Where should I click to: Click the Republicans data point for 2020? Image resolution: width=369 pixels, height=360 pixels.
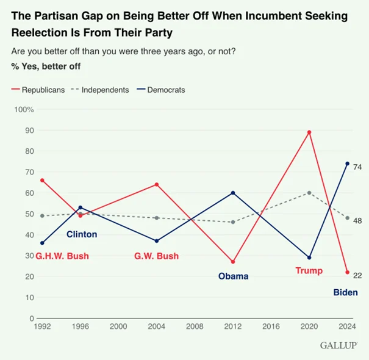click(x=309, y=132)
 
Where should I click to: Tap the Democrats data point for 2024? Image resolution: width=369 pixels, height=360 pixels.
click(x=348, y=164)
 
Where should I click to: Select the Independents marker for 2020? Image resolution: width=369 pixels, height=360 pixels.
click(x=309, y=193)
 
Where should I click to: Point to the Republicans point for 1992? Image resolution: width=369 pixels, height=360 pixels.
click(x=42, y=181)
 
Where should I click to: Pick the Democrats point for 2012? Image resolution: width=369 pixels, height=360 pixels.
click(x=233, y=193)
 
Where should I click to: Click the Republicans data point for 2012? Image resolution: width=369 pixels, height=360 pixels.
click(x=233, y=262)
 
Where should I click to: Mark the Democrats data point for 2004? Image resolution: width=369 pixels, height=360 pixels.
click(x=157, y=241)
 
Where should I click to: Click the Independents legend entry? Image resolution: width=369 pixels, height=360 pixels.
click(x=100, y=90)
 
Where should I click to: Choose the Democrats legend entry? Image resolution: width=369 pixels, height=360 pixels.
click(x=161, y=90)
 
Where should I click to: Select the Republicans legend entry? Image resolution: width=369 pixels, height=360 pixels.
click(x=38, y=90)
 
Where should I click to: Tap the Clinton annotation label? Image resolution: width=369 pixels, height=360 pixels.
click(x=82, y=234)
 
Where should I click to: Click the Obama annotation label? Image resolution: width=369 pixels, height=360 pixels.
click(x=233, y=276)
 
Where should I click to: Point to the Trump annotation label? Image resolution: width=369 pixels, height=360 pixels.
click(x=309, y=270)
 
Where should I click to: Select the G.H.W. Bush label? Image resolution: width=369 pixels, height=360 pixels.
click(x=62, y=256)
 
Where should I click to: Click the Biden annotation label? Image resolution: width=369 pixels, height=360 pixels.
click(x=345, y=292)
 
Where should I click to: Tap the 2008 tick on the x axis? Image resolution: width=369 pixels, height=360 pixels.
click(x=195, y=326)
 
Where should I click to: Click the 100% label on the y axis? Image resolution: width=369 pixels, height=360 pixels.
click(x=24, y=109)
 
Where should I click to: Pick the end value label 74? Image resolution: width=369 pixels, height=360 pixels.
click(x=357, y=167)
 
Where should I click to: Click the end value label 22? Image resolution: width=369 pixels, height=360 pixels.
click(x=357, y=276)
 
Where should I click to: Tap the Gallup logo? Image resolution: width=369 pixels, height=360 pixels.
click(x=339, y=345)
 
